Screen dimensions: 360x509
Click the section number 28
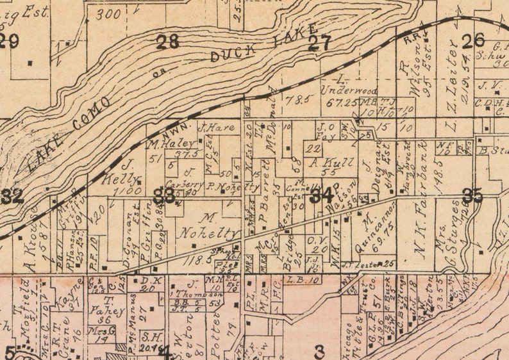168,42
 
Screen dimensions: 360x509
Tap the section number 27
319,44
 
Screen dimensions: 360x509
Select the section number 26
473,41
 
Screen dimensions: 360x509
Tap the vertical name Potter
216,327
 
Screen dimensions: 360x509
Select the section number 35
472,196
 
